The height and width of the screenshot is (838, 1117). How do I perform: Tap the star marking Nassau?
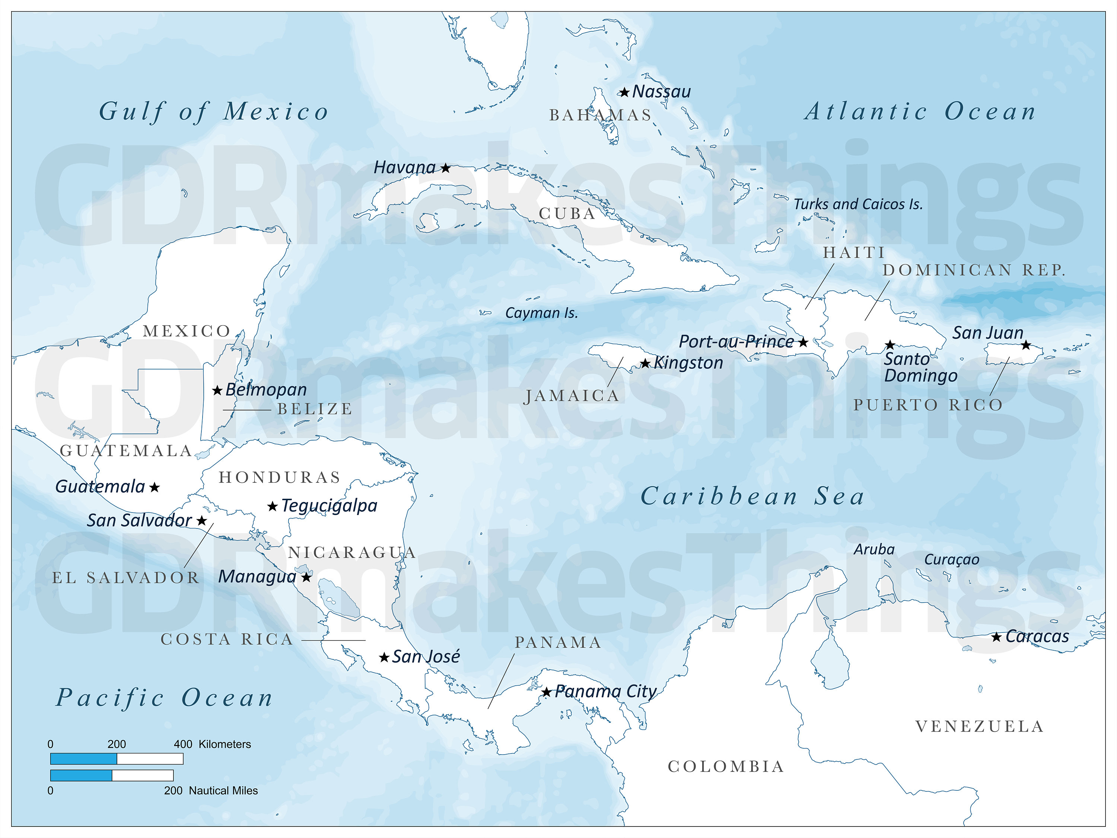click(625, 92)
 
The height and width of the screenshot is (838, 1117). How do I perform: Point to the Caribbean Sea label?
click(752, 496)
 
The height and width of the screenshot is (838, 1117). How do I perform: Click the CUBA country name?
click(567, 214)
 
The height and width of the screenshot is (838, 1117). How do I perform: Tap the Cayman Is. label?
click(541, 313)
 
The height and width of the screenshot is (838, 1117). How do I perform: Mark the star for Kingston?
click(645, 363)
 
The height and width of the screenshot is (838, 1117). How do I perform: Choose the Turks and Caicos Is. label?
click(858, 204)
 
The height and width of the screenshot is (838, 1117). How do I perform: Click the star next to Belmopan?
click(217, 390)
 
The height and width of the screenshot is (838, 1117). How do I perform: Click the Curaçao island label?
click(951, 560)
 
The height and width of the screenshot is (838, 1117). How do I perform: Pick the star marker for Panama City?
click(546, 692)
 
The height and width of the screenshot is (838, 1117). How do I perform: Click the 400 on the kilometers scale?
click(183, 744)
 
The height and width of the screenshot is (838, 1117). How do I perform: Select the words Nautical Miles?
click(223, 791)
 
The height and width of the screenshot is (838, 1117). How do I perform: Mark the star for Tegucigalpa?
click(273, 506)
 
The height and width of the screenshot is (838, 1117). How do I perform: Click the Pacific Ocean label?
click(165, 698)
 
